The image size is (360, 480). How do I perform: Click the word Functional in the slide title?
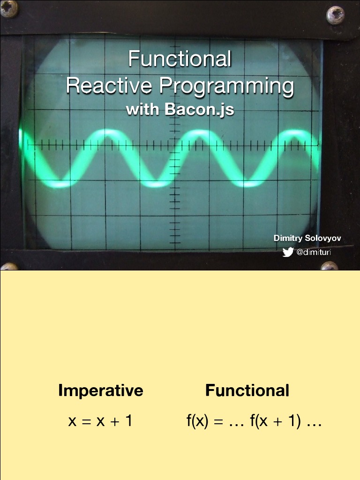tap(180, 60)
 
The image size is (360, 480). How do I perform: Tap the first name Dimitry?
tap(288, 238)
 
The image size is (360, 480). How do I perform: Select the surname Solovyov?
tap(323, 238)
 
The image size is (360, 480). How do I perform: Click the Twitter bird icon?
tap(288, 253)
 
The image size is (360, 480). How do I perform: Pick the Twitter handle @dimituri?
tap(314, 253)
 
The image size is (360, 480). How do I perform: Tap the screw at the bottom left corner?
tap(9, 267)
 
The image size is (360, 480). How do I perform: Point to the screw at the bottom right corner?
tap(329, 266)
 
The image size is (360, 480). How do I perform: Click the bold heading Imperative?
tap(100, 390)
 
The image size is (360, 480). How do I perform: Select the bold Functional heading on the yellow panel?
tap(247, 390)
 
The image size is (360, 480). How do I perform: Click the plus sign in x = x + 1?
tap(115, 421)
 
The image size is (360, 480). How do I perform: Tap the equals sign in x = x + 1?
tap(85, 421)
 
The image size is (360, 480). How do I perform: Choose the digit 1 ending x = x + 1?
tap(128, 421)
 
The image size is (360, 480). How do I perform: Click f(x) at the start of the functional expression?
tap(197, 421)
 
